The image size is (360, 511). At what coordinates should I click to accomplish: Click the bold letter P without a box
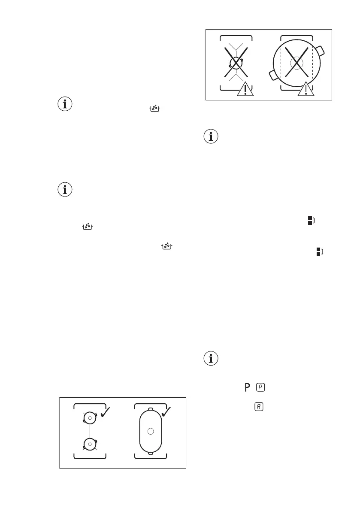[x=247, y=387]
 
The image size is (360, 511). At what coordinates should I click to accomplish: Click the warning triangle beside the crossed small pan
[x=245, y=88]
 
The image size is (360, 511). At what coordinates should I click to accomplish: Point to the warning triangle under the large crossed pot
[x=306, y=88]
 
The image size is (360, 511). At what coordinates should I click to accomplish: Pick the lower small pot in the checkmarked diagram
[x=90, y=444]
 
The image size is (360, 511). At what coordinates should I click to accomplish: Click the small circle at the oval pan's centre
[x=150, y=431]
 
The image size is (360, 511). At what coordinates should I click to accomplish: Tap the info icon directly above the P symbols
[x=211, y=358]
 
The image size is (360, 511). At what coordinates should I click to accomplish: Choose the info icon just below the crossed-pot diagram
[x=211, y=137]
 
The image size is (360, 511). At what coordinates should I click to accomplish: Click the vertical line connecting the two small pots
[x=90, y=430]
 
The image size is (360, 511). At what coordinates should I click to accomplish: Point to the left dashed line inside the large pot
[x=280, y=64]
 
